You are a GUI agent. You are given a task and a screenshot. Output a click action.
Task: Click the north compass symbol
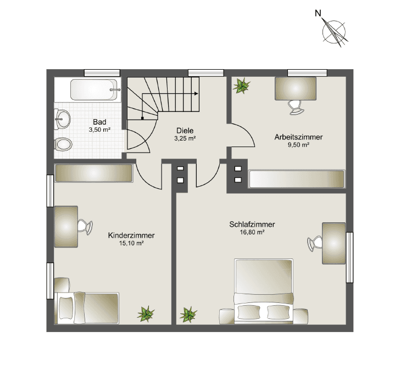tap(334, 31)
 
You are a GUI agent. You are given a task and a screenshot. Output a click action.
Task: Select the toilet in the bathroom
tap(63, 144)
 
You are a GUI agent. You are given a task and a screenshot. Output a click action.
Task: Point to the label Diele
tap(185, 131)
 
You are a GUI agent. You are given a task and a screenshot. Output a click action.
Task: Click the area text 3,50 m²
tap(99, 130)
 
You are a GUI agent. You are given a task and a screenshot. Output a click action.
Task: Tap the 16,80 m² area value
tap(252, 232)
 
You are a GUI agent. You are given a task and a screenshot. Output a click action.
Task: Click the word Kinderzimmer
tap(131, 235)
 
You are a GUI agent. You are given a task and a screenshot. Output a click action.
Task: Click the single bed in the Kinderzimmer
tap(88, 307)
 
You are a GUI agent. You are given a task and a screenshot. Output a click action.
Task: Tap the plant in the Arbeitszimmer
tap(241, 85)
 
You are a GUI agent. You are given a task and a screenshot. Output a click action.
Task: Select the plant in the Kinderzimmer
tap(146, 314)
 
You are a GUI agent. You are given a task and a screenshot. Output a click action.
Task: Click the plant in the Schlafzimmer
tap(188, 314)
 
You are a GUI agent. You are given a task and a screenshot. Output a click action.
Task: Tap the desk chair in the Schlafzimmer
tap(315, 242)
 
